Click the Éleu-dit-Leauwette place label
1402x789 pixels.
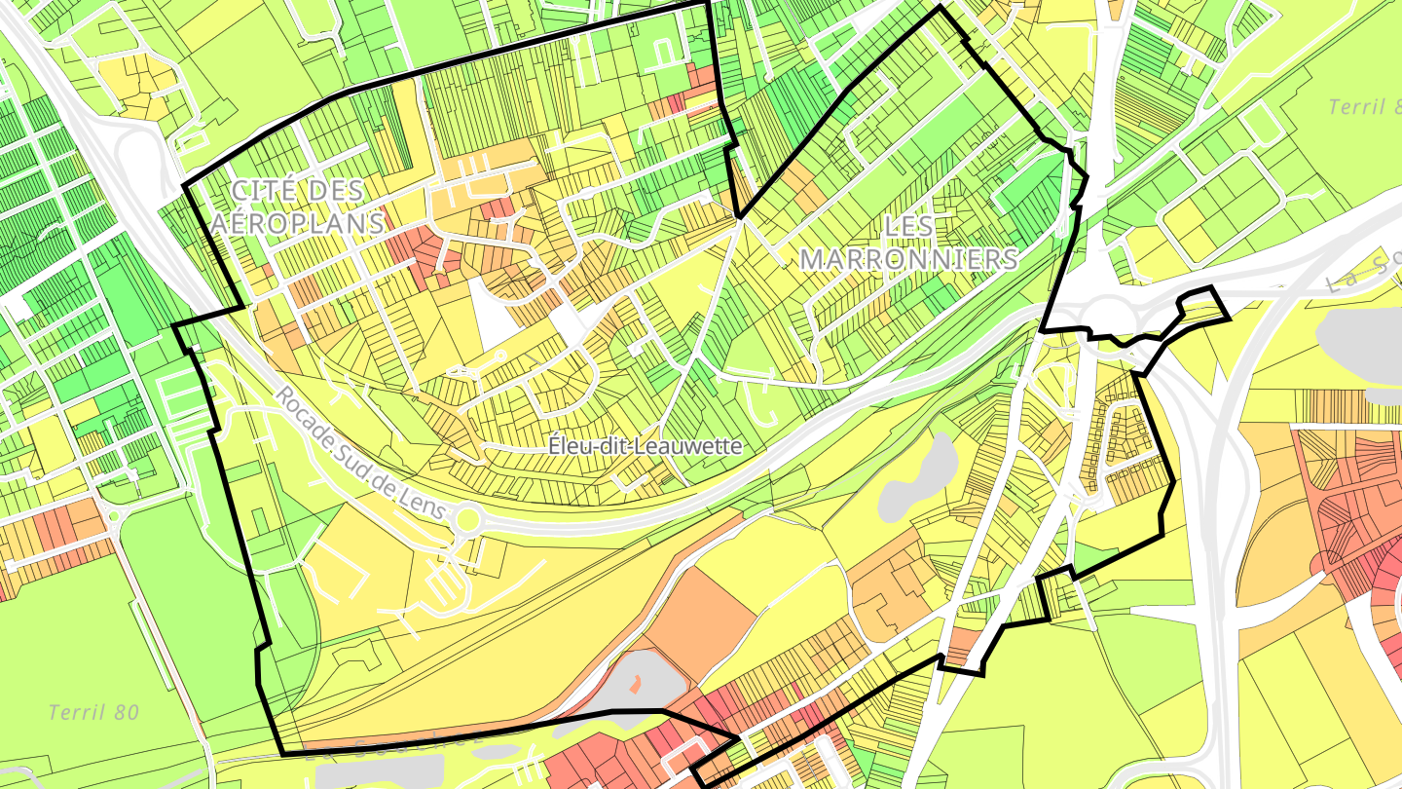tap(646, 446)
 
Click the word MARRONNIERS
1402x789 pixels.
tap(908, 259)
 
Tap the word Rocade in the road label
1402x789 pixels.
tap(302, 415)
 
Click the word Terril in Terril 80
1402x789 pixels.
tap(78, 713)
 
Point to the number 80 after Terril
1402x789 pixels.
tap(128, 713)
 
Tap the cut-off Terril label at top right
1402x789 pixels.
tap(1363, 107)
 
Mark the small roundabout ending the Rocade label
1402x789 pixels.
tap(467, 521)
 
